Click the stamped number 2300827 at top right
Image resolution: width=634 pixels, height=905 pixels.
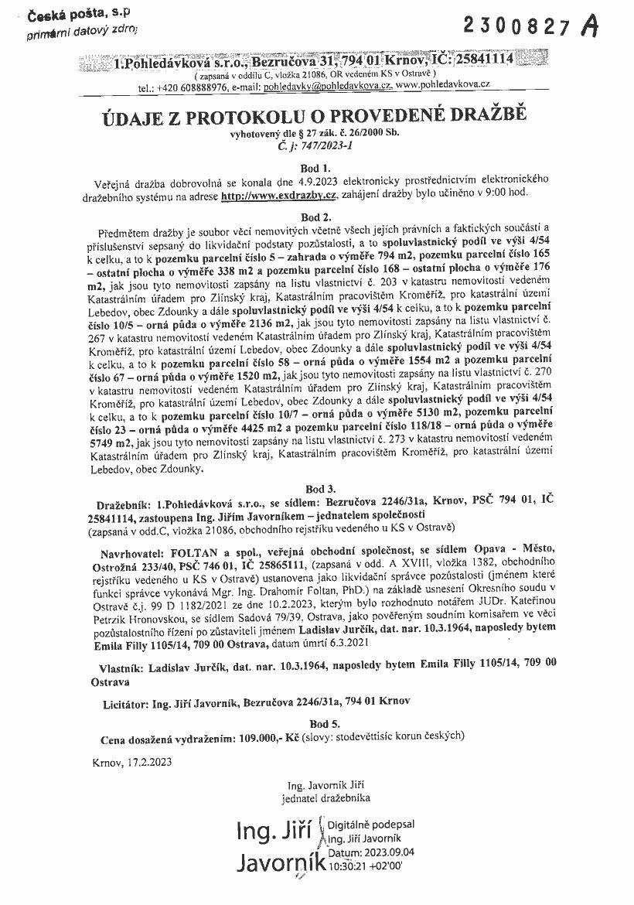[x=518, y=26]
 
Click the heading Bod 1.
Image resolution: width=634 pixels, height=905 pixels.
[x=317, y=167]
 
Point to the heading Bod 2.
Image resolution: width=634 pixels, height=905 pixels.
[x=317, y=216]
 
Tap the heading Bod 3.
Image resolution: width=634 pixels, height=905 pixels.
[x=317, y=489]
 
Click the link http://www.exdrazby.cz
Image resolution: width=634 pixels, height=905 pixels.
[x=280, y=193]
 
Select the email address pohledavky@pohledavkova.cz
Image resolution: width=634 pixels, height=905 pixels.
[x=328, y=87]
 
